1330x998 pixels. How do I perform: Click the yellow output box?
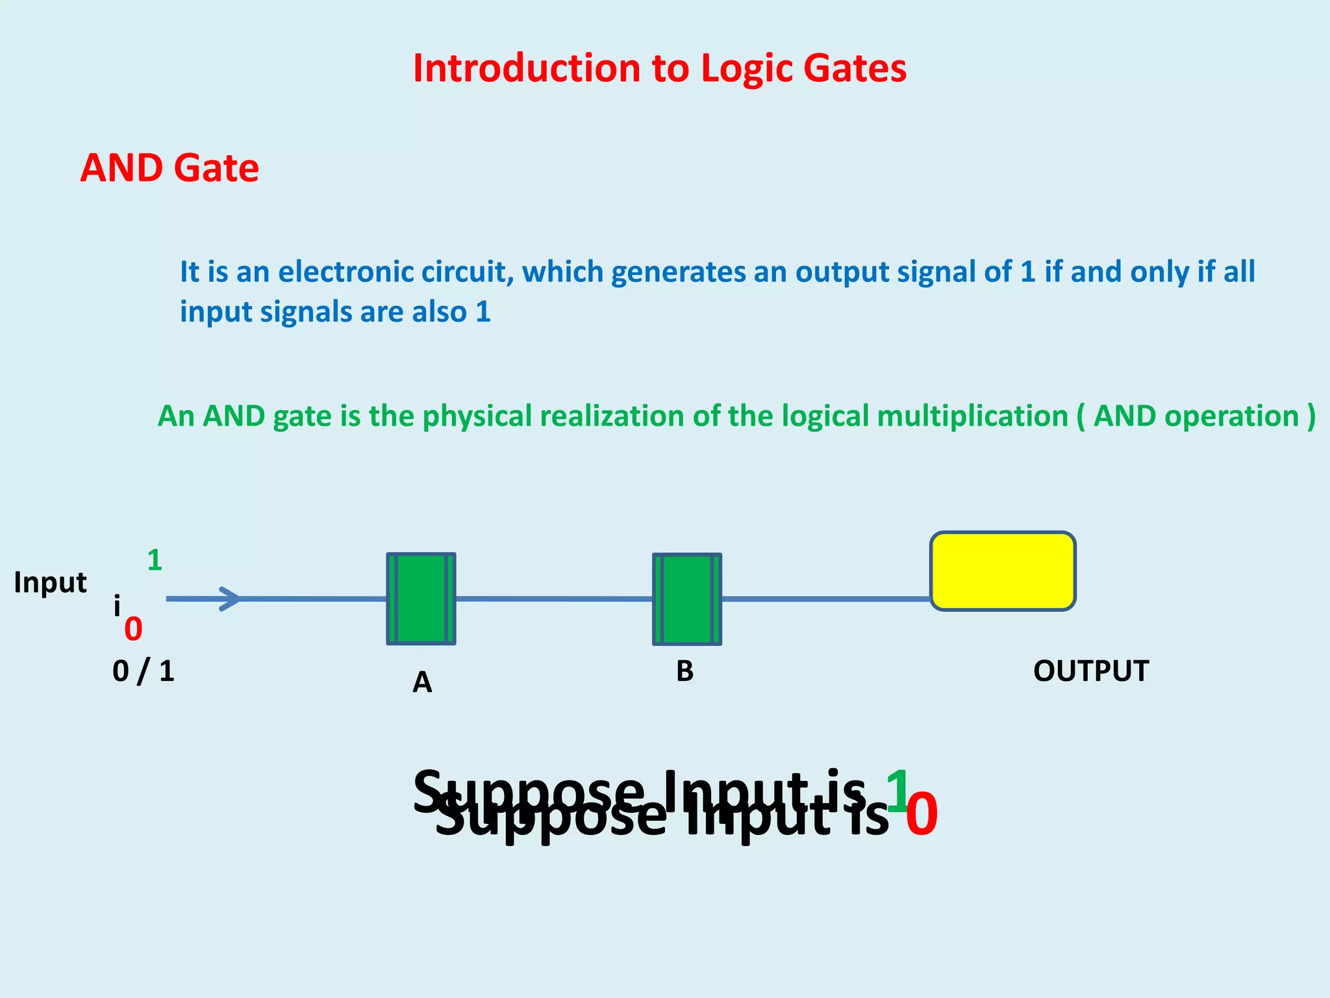point(1003,571)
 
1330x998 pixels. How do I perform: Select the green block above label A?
point(421,598)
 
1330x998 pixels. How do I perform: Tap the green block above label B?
point(687,599)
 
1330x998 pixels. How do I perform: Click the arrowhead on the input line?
point(230,598)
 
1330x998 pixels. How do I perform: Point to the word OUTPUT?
point(1091,671)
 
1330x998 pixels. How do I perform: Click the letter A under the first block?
point(422,683)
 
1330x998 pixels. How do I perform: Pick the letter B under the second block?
point(684,671)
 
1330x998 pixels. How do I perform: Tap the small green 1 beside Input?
point(155,560)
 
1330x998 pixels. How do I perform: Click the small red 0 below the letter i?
point(133,629)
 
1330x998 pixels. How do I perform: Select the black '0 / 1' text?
point(144,671)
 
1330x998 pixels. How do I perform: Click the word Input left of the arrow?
point(50,583)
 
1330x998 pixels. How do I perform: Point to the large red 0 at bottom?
point(922,816)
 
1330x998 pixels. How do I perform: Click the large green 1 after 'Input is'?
point(897,790)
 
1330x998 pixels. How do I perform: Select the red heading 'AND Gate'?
point(169,168)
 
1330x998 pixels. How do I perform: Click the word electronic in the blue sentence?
point(347,272)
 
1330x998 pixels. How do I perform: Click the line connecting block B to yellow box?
point(825,598)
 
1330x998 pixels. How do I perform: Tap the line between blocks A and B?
point(553,598)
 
